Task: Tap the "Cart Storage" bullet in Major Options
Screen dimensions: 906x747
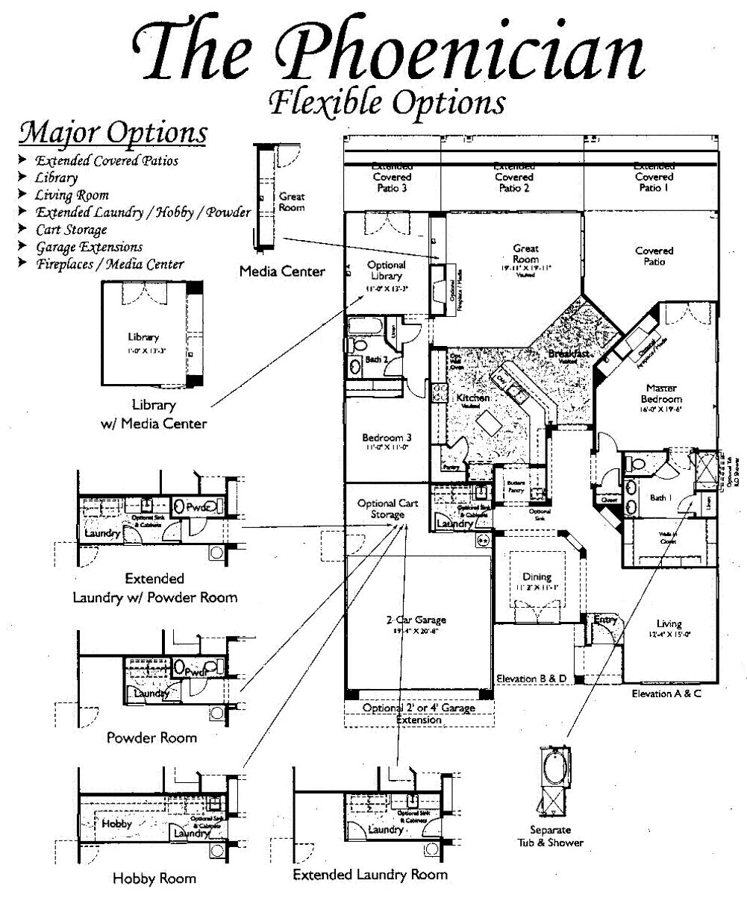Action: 71,230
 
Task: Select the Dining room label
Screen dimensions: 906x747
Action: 537,579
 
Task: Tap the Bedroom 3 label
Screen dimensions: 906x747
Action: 387,441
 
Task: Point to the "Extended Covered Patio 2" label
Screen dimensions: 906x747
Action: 513,177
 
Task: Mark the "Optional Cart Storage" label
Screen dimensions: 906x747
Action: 387,509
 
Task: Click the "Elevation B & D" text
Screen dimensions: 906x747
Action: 532,679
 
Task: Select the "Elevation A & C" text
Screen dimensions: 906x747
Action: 667,693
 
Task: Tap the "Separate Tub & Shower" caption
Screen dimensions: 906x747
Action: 550,836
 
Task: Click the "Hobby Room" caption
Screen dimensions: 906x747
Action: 154,878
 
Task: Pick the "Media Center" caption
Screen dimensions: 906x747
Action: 282,271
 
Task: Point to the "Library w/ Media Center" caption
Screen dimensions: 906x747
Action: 154,415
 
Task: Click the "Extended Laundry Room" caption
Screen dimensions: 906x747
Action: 370,874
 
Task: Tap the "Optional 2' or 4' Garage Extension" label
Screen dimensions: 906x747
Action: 419,714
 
